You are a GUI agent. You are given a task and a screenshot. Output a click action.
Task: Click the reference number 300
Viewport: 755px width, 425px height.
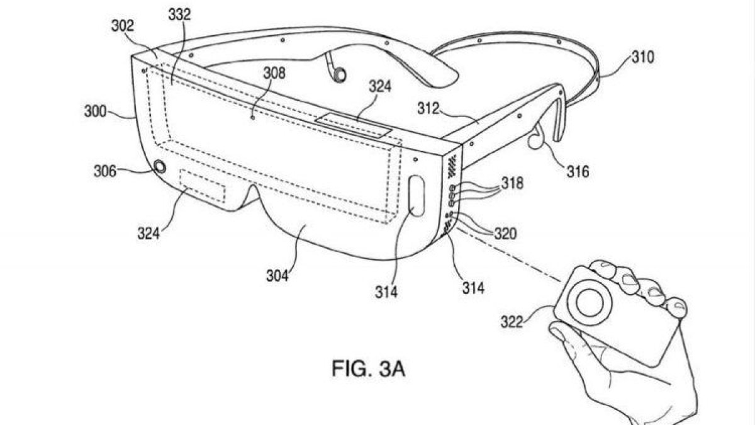click(x=95, y=111)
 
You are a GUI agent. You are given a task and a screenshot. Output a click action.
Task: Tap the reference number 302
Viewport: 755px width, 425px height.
click(x=122, y=26)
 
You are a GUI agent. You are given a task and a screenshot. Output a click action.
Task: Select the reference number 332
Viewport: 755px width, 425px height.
click(x=180, y=14)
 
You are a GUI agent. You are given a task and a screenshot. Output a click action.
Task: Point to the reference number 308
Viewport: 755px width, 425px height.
click(x=274, y=73)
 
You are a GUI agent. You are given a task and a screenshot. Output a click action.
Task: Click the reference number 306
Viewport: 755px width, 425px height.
click(x=105, y=171)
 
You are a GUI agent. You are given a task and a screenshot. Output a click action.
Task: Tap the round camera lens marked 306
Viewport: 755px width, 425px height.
click(x=160, y=167)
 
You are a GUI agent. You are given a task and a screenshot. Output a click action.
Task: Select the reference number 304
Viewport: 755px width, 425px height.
click(x=277, y=276)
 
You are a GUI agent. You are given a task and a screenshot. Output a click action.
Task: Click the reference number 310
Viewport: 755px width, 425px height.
click(x=643, y=57)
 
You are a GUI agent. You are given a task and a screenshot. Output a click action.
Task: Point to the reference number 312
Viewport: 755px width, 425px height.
click(x=428, y=108)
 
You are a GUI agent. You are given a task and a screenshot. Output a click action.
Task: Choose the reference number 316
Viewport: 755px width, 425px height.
click(x=578, y=171)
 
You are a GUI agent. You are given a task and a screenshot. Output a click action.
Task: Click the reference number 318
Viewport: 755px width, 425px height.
click(x=512, y=183)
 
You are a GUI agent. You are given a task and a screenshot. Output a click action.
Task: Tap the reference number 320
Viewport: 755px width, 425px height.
click(x=505, y=234)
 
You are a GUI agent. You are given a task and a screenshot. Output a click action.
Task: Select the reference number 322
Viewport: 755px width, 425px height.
click(x=512, y=322)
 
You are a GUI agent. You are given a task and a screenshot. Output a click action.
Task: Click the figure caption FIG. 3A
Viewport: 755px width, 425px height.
click(x=369, y=369)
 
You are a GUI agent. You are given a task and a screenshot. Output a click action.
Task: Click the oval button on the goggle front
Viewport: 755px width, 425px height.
click(x=417, y=196)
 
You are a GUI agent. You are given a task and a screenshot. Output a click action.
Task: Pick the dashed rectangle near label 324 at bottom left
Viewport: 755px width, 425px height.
click(x=203, y=186)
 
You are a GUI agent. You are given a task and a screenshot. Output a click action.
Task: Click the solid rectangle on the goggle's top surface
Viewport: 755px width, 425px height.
click(x=353, y=125)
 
